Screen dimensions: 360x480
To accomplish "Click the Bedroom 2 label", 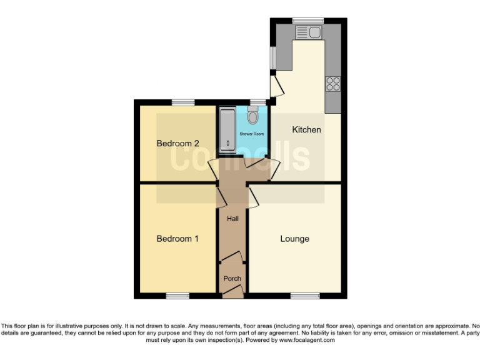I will point(173,143).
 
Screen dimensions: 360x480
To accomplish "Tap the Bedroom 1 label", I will point(177,238).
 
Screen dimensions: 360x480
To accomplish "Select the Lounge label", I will point(294,239).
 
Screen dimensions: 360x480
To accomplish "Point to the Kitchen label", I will point(307,130).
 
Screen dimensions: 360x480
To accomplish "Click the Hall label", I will point(232,219).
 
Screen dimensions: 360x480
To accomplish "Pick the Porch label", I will point(232,279).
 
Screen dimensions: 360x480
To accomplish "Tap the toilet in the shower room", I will point(252,116).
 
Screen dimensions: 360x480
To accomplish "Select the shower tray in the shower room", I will point(227,130).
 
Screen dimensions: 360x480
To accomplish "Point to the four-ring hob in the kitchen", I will point(332,84).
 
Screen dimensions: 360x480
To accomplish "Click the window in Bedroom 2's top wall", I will point(183,102).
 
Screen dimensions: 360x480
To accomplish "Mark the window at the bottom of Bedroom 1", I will point(177,295).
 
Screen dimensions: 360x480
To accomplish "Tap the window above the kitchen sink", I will point(307,21).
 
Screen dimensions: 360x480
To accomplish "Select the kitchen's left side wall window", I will point(272,58).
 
